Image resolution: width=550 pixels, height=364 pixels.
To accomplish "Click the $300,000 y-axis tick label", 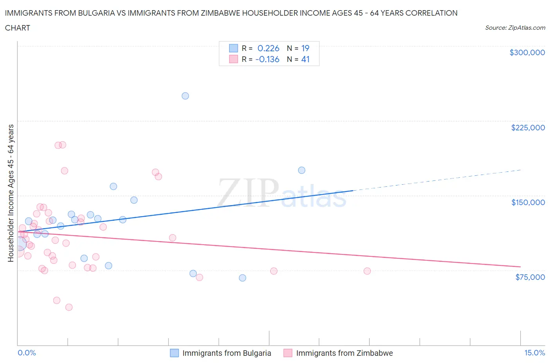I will [x=527, y=52].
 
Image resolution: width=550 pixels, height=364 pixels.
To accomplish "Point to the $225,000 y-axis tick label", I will [x=528, y=128].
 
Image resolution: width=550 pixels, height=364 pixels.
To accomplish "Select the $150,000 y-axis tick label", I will [x=528, y=202].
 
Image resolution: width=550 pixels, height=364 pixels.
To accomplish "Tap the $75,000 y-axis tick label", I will [x=530, y=277].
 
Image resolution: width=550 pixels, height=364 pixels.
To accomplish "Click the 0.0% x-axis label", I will [x=27, y=353].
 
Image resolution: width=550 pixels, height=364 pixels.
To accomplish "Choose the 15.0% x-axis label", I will [x=534, y=353].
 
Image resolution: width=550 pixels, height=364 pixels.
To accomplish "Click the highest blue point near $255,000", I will [x=185, y=96].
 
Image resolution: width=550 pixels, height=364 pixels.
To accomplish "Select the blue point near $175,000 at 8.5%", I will [x=302, y=170].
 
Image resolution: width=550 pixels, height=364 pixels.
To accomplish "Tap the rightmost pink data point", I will [x=367, y=271].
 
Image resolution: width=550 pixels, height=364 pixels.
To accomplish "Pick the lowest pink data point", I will [x=69, y=307].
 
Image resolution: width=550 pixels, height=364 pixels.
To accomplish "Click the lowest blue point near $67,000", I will [x=243, y=278].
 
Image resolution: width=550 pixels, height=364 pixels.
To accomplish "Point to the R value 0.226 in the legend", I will [x=268, y=48].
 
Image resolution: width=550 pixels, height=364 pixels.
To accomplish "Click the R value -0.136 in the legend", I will [x=267, y=59].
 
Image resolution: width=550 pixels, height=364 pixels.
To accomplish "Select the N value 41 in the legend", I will [x=305, y=59].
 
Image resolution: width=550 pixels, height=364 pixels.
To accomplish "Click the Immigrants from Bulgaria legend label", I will [x=226, y=353].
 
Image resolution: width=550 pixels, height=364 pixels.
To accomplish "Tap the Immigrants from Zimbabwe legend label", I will [x=344, y=353].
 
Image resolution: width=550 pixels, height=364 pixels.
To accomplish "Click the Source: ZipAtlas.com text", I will [x=515, y=28].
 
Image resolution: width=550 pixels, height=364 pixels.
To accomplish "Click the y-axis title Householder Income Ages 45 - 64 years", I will [x=11, y=193].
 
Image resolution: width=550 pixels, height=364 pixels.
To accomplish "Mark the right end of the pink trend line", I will [x=520, y=267].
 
